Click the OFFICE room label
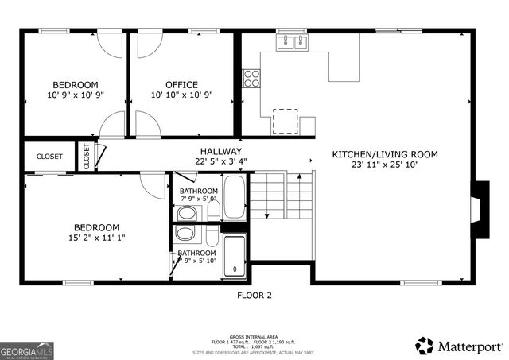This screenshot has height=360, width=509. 181,85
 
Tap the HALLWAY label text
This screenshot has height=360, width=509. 220,151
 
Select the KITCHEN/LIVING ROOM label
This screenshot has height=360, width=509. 385,154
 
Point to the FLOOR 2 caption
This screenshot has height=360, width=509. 254,295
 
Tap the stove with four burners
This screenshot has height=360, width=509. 252,78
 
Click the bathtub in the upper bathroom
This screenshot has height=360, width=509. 235,197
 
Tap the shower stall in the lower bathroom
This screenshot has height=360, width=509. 235,255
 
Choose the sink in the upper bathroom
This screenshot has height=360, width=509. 188,213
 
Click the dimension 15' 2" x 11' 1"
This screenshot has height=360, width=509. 97,237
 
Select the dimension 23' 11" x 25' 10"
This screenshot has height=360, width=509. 385,165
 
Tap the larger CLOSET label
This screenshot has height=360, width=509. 49,157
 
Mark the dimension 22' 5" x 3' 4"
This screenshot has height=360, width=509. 220,161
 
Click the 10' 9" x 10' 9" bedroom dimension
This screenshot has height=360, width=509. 76,95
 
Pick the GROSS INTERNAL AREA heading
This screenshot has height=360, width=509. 254,337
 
